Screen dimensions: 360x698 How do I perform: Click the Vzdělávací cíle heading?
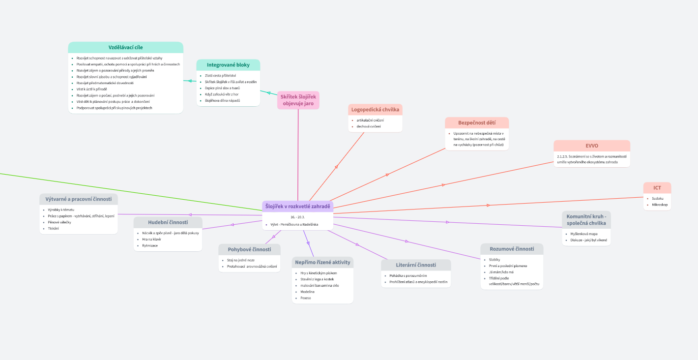click(125, 47)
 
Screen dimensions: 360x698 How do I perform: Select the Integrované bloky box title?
click(228, 65)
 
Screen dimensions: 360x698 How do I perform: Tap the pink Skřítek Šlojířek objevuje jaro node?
click(298, 100)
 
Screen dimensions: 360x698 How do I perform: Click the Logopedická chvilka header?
click(375, 109)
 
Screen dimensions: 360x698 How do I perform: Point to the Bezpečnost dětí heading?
click(476, 122)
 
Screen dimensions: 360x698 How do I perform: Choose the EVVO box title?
click(591, 146)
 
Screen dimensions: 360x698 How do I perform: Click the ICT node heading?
click(657, 188)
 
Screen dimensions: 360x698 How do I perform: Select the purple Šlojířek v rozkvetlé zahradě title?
click(297, 206)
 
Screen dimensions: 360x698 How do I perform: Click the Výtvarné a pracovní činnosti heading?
click(79, 199)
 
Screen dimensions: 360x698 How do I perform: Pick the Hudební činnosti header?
click(168, 222)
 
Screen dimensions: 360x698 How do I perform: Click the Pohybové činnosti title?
click(249, 249)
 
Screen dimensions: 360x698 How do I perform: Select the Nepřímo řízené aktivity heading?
click(322, 262)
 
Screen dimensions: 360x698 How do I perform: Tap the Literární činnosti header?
click(416, 265)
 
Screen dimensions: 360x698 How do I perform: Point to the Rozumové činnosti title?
click(512, 249)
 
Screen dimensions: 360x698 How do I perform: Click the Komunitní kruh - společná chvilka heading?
click(586, 219)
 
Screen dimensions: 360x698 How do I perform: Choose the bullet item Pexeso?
click(306, 298)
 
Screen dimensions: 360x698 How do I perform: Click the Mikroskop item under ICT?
click(660, 205)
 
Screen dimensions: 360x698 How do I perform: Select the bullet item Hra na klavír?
click(151, 239)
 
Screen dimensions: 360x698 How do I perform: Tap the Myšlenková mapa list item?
click(581, 234)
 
